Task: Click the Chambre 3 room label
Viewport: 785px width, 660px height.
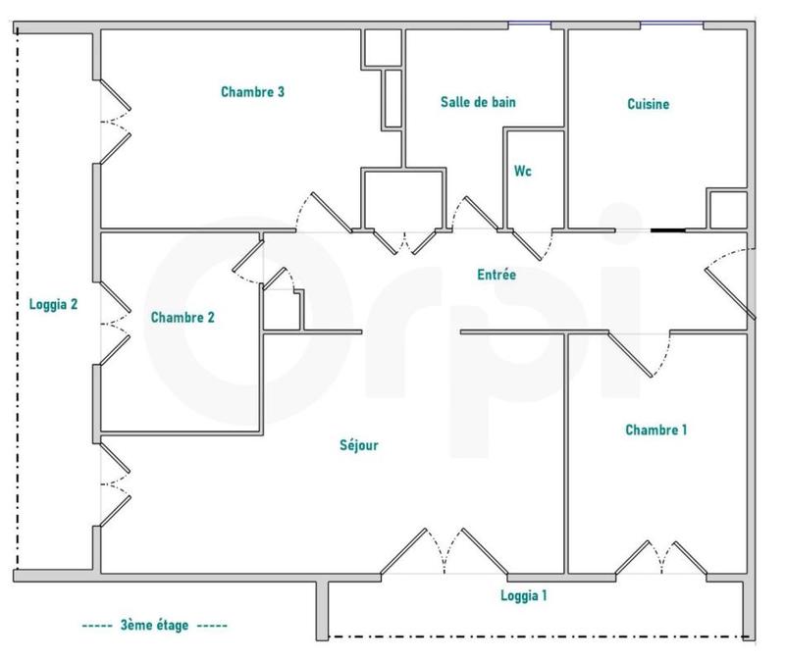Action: [252, 93]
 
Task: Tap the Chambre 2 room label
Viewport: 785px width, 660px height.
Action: [183, 318]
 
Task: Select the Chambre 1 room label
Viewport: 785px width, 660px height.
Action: [655, 430]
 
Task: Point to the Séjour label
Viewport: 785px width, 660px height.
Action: [359, 445]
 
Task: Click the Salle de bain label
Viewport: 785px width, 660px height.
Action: [478, 102]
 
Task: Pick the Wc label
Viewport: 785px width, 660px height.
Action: [523, 171]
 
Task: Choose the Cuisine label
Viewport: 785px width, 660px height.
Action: [648, 104]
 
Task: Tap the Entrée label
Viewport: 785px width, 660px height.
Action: [496, 276]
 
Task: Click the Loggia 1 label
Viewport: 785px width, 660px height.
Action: [523, 595]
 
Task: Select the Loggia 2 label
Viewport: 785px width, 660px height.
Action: [53, 304]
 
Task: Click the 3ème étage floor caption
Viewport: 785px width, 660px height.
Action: [154, 625]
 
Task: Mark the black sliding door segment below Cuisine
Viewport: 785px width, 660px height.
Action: [667, 231]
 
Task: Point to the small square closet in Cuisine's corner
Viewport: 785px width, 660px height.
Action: [727, 209]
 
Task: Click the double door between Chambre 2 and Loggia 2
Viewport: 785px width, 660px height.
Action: [112, 323]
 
